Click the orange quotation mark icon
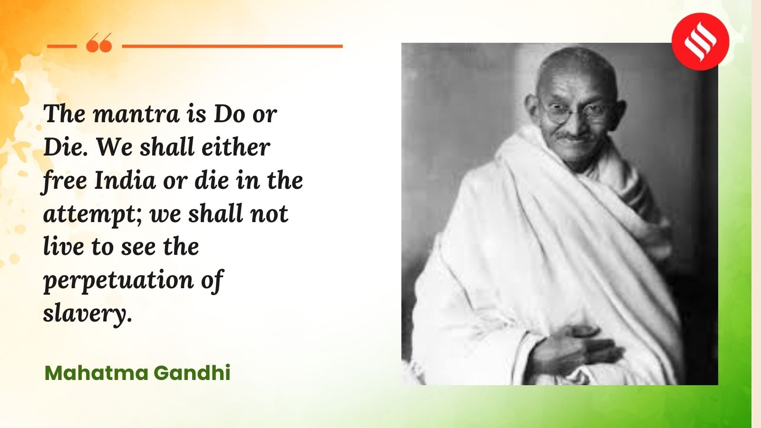(99, 43)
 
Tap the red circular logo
(700, 41)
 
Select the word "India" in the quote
(125, 181)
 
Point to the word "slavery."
(87, 314)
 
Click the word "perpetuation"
(118, 281)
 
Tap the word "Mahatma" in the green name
(97, 373)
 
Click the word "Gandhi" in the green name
(192, 373)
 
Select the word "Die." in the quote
(66, 147)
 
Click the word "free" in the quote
(65, 181)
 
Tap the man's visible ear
(532, 107)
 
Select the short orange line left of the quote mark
(61, 46)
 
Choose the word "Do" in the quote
(229, 114)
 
